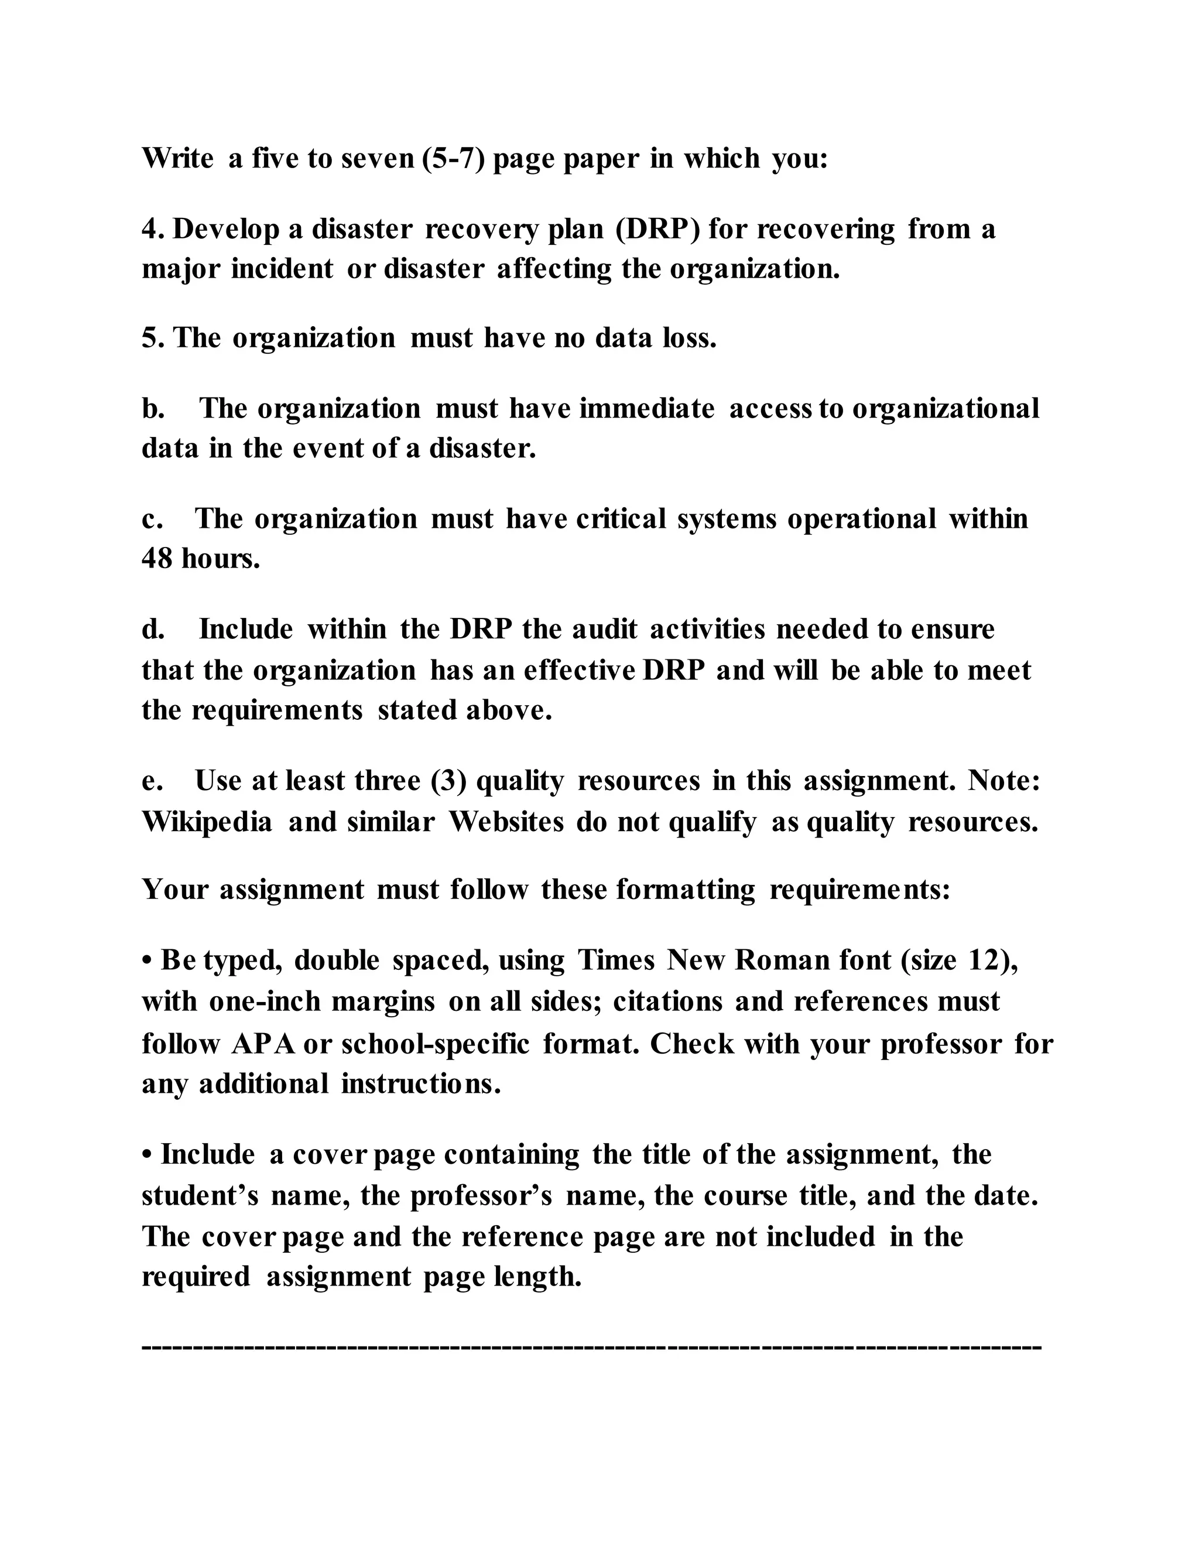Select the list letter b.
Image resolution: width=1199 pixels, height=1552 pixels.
(153, 409)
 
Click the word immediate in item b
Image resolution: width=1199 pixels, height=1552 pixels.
(646, 409)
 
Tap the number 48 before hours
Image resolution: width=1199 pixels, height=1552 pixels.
(157, 559)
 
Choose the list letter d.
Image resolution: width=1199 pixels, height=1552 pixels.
(153, 630)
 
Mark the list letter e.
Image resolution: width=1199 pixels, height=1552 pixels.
(151, 781)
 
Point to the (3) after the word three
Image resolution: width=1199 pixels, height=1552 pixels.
(448, 781)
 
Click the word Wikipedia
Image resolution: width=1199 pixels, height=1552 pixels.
(207, 822)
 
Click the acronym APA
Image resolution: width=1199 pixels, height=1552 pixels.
(263, 1044)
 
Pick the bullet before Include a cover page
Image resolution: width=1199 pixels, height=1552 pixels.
(147, 1156)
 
